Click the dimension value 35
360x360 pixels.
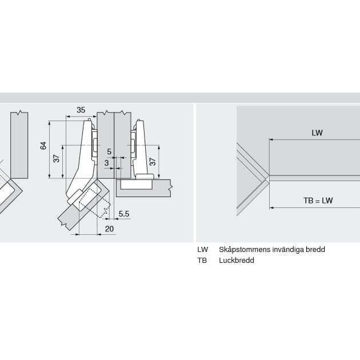(x=81, y=110)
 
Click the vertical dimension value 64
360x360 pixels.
(x=43, y=146)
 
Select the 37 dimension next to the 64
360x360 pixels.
(x=57, y=158)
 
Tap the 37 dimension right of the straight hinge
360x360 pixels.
(x=152, y=162)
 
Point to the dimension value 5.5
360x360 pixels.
(x=124, y=214)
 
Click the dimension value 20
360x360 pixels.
(x=110, y=229)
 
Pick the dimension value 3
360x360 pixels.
(x=106, y=163)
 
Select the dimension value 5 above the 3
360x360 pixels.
(x=109, y=151)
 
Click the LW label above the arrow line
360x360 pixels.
(x=317, y=133)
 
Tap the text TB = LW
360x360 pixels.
(x=318, y=201)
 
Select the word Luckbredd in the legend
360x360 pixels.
(x=236, y=261)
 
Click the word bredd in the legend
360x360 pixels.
(x=315, y=250)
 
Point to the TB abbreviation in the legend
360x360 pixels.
(x=202, y=261)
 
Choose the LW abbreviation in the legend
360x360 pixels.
(x=202, y=250)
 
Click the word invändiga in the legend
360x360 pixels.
(x=287, y=250)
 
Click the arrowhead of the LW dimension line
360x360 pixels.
(x=271, y=139)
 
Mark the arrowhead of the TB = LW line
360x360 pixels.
(x=271, y=207)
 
